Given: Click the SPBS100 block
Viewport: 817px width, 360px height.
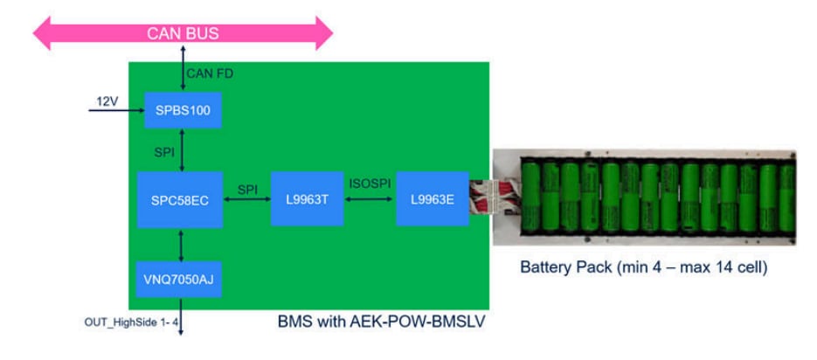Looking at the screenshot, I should pyautogui.click(x=183, y=110).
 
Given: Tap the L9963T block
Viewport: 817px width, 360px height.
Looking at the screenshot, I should pyautogui.click(x=307, y=199).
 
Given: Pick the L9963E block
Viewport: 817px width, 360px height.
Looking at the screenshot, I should pyautogui.click(x=432, y=199).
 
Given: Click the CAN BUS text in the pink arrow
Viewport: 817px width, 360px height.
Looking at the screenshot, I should pyautogui.click(x=183, y=34).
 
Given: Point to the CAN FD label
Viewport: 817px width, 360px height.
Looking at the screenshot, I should pyautogui.click(x=210, y=73).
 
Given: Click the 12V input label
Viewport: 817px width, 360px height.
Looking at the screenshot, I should pyautogui.click(x=107, y=102).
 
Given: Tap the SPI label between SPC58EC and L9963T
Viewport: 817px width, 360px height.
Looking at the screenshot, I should pyautogui.click(x=248, y=189).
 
